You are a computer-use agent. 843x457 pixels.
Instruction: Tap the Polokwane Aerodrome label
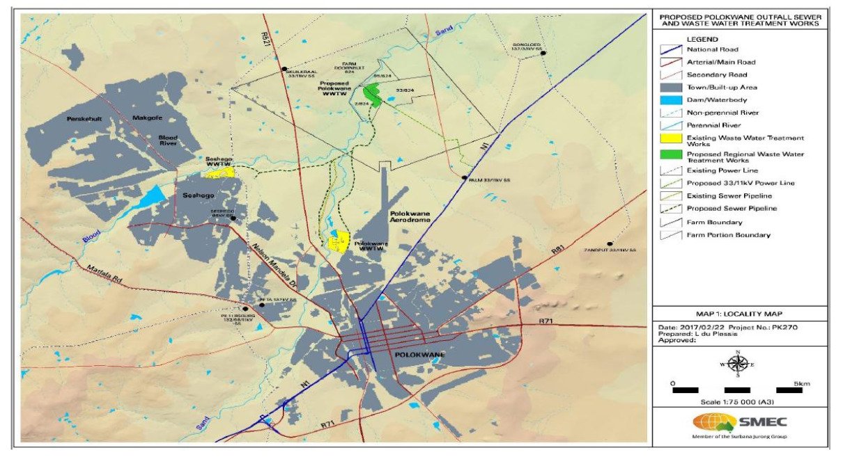click(408, 214)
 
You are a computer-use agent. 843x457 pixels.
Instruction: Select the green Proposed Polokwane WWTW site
click(373, 95)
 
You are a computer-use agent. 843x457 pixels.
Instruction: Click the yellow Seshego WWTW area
click(219, 171)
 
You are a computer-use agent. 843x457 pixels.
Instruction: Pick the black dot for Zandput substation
click(610, 244)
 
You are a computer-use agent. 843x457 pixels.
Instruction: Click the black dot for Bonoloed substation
click(543, 53)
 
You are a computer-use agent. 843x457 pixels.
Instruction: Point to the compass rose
click(740, 363)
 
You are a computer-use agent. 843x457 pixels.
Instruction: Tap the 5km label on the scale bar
click(801, 383)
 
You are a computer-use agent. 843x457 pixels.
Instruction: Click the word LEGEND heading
click(704, 40)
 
